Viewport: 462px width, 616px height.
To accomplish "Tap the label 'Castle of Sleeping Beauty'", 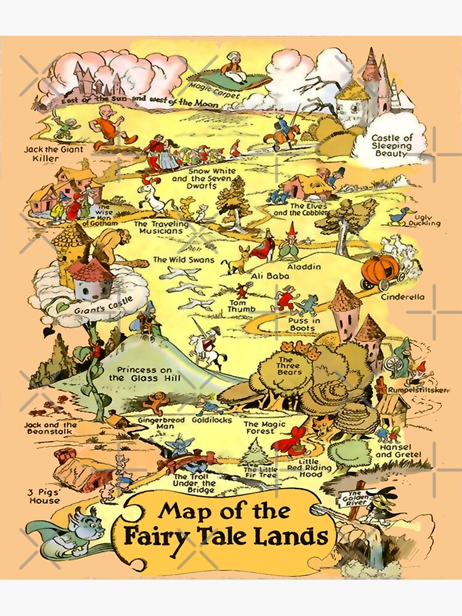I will tap(391, 145).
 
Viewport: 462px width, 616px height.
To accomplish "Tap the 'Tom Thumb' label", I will tap(238, 307).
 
